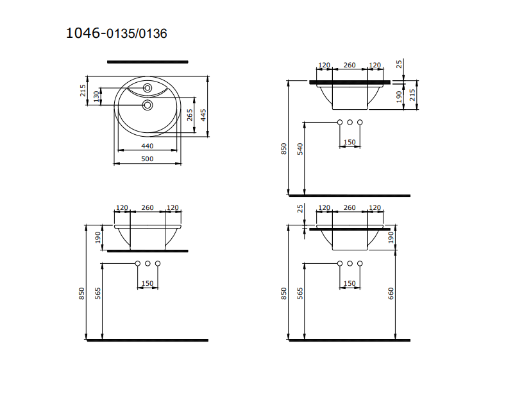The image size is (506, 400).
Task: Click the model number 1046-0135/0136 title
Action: coord(116,33)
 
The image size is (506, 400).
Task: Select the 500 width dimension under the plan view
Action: coord(148,159)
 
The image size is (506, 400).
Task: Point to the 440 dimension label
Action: coord(148,146)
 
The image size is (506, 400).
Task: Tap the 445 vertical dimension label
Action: coord(203,115)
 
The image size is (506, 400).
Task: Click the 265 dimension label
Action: coord(190,115)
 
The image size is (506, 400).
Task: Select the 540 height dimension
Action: coord(300,150)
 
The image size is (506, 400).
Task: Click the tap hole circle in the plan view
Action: coord(147,87)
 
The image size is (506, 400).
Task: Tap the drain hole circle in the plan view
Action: coord(147,104)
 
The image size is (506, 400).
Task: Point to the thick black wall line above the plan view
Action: coord(148,62)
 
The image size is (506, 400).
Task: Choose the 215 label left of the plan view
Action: coord(83,91)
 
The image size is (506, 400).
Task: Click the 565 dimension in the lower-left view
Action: coord(97,293)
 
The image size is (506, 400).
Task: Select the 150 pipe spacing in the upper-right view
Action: coord(350,142)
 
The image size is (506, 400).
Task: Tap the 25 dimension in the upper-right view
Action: coord(400,64)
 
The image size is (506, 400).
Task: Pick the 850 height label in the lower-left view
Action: coord(81,293)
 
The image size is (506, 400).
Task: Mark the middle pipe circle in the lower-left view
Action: coord(148,264)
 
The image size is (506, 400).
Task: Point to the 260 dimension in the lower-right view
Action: coord(350,208)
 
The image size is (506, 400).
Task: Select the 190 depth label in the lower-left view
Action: coord(98,238)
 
